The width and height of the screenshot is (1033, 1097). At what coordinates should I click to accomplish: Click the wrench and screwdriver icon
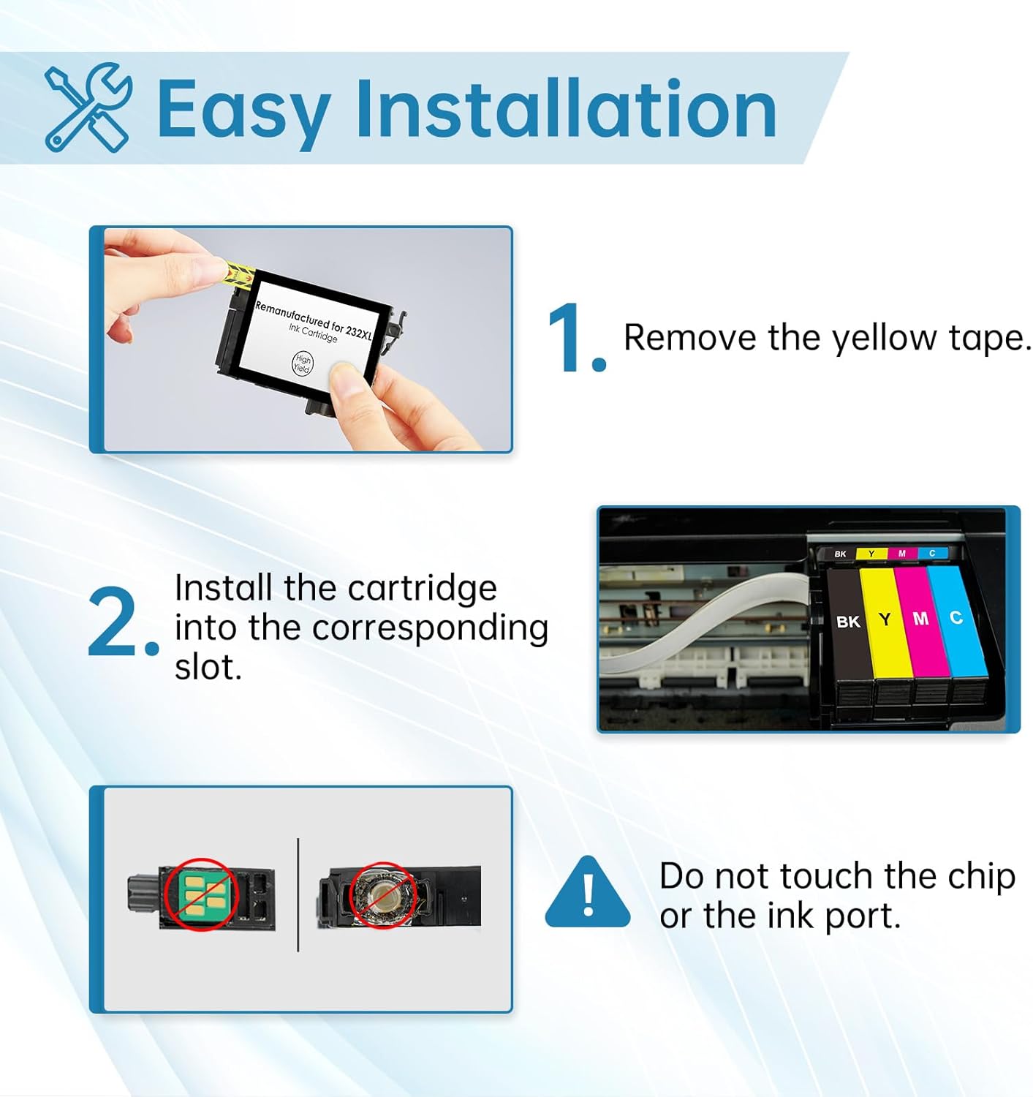pos(88,108)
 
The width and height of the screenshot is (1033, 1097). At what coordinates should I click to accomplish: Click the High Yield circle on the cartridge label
pos(302,362)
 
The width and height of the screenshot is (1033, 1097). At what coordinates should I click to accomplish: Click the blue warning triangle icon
pos(587,894)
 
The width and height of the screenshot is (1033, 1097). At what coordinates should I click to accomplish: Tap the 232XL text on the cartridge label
pos(358,331)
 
